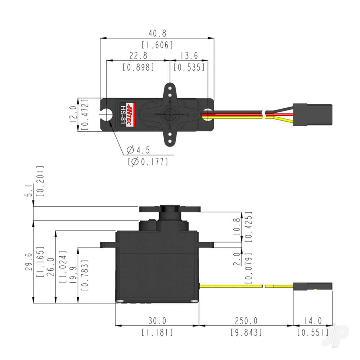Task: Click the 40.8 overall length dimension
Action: point(157,33)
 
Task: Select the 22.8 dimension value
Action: point(138,56)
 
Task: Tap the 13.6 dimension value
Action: point(189,56)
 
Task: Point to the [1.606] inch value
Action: point(157,45)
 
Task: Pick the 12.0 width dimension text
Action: point(73,114)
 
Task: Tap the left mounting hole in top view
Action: point(107,114)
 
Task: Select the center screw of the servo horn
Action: point(169,114)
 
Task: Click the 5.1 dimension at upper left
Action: point(31,191)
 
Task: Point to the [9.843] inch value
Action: point(246,332)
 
